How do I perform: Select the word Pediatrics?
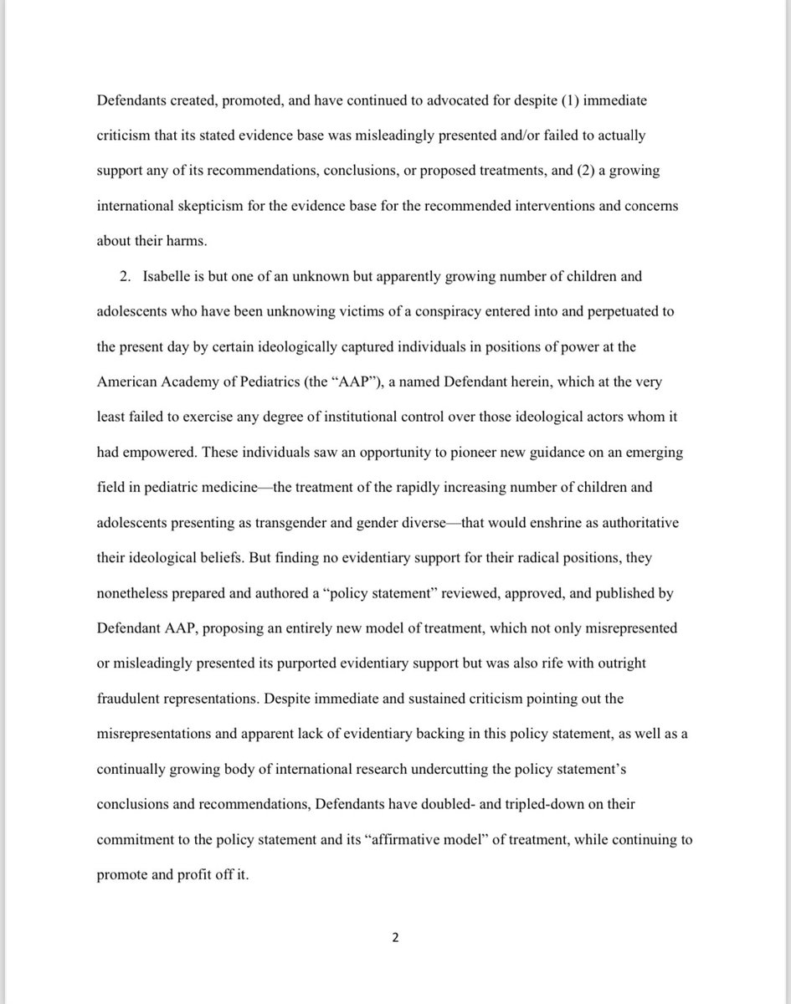coord(280,381)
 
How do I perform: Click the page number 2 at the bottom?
coord(396,937)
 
